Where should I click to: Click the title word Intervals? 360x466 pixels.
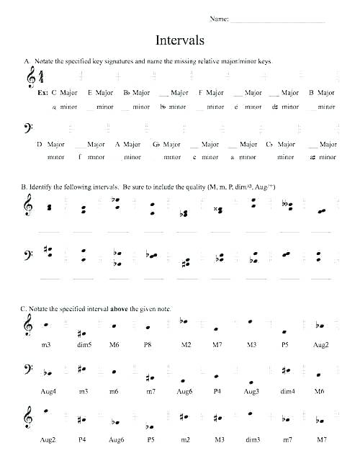pos(180,40)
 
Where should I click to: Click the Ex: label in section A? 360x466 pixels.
pos(42,93)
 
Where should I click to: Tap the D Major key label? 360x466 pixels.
pos(49,144)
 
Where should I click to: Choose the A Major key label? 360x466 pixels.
pos(127,144)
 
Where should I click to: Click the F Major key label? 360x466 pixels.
pos(211,93)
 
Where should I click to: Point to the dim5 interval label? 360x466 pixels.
pos(84,345)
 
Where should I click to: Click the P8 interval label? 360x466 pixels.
pos(148,345)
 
